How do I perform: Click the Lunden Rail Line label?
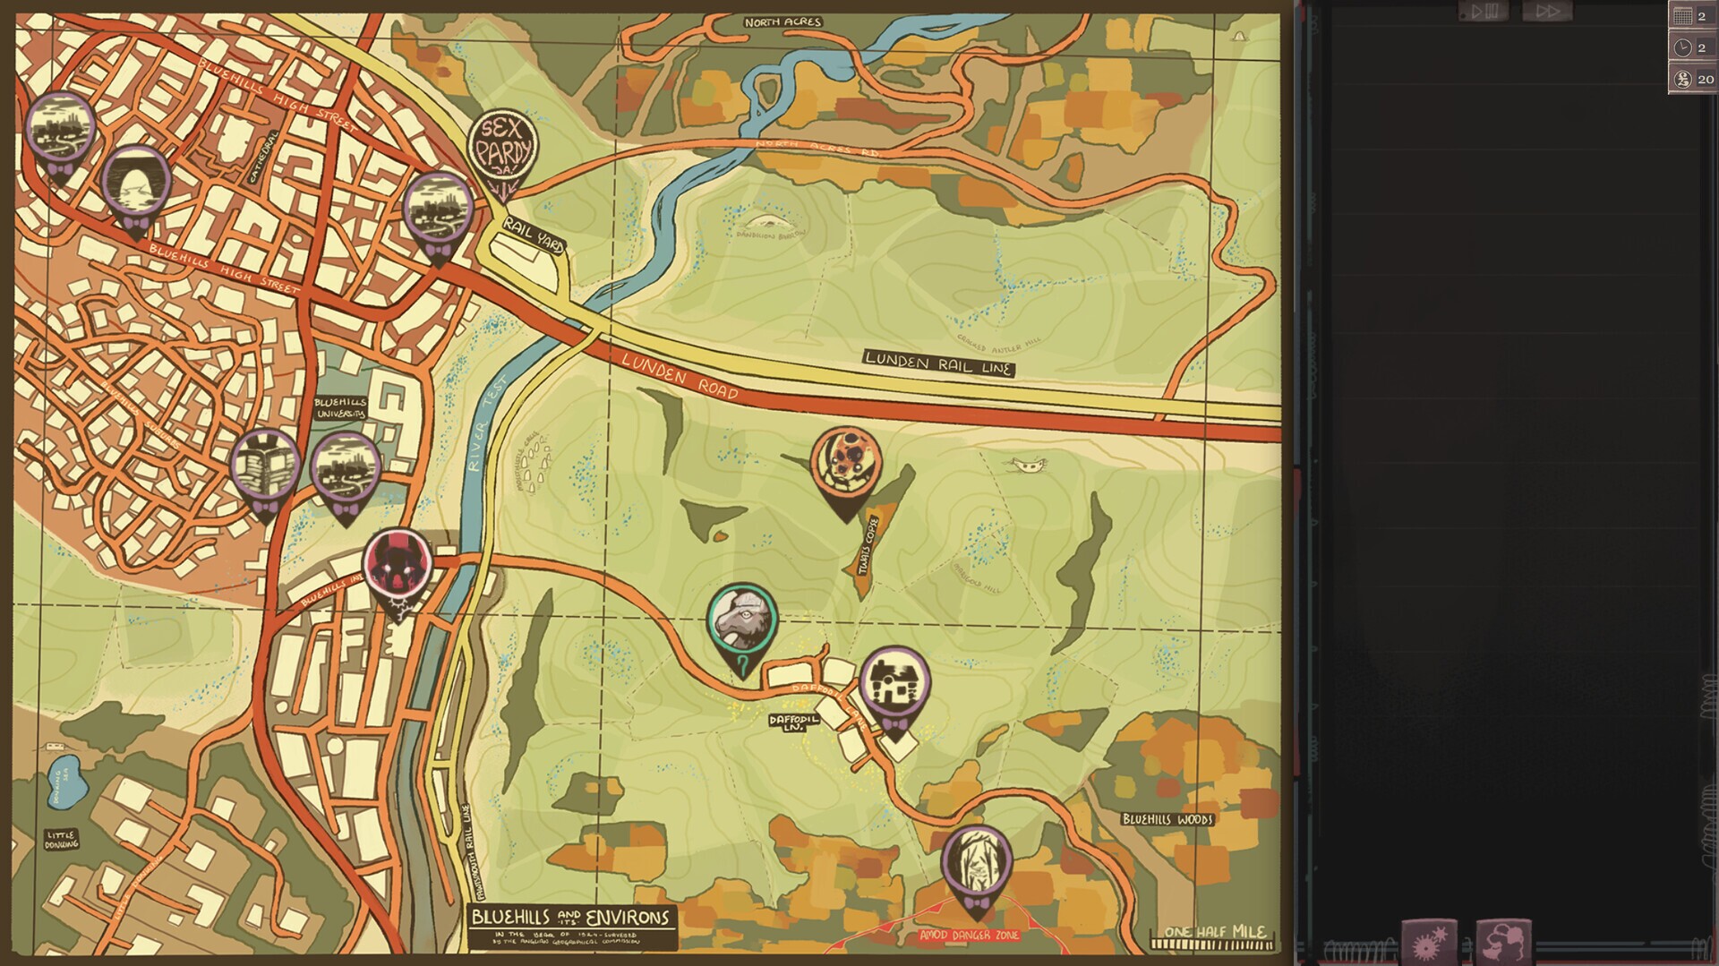(938, 363)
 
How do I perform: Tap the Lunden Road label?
(680, 376)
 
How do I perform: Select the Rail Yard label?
(533, 235)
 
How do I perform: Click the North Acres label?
(782, 21)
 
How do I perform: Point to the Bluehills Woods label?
(1167, 818)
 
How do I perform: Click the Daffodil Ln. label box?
(793, 722)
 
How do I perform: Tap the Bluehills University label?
(340, 408)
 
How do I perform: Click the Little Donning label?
(61, 840)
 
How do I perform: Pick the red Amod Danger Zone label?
(969, 935)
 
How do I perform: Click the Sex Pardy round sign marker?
(503, 148)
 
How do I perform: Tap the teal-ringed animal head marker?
(742, 620)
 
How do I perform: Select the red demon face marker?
(398, 564)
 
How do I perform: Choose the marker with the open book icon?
(265, 465)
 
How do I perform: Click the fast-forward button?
(1547, 12)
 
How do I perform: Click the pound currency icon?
(1683, 80)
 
